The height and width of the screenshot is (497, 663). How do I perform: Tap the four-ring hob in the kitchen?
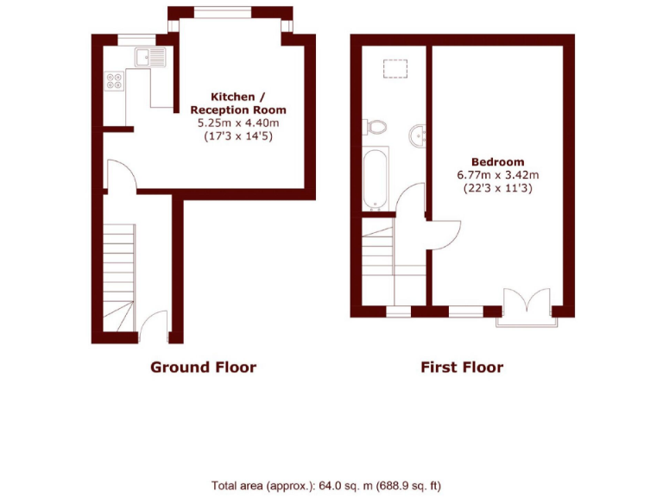[114, 80]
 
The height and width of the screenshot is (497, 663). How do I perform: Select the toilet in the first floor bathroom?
[376, 127]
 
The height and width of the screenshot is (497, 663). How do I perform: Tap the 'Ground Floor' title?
[203, 367]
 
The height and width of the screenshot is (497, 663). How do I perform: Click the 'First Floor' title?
[462, 367]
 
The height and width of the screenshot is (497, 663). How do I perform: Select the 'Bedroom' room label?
[497, 161]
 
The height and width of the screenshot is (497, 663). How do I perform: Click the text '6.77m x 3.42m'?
[497, 174]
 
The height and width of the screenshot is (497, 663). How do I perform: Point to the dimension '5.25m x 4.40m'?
[238, 123]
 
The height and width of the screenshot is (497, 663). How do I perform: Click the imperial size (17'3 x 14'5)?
[238, 136]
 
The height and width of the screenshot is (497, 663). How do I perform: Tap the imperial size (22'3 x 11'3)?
[497, 187]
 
